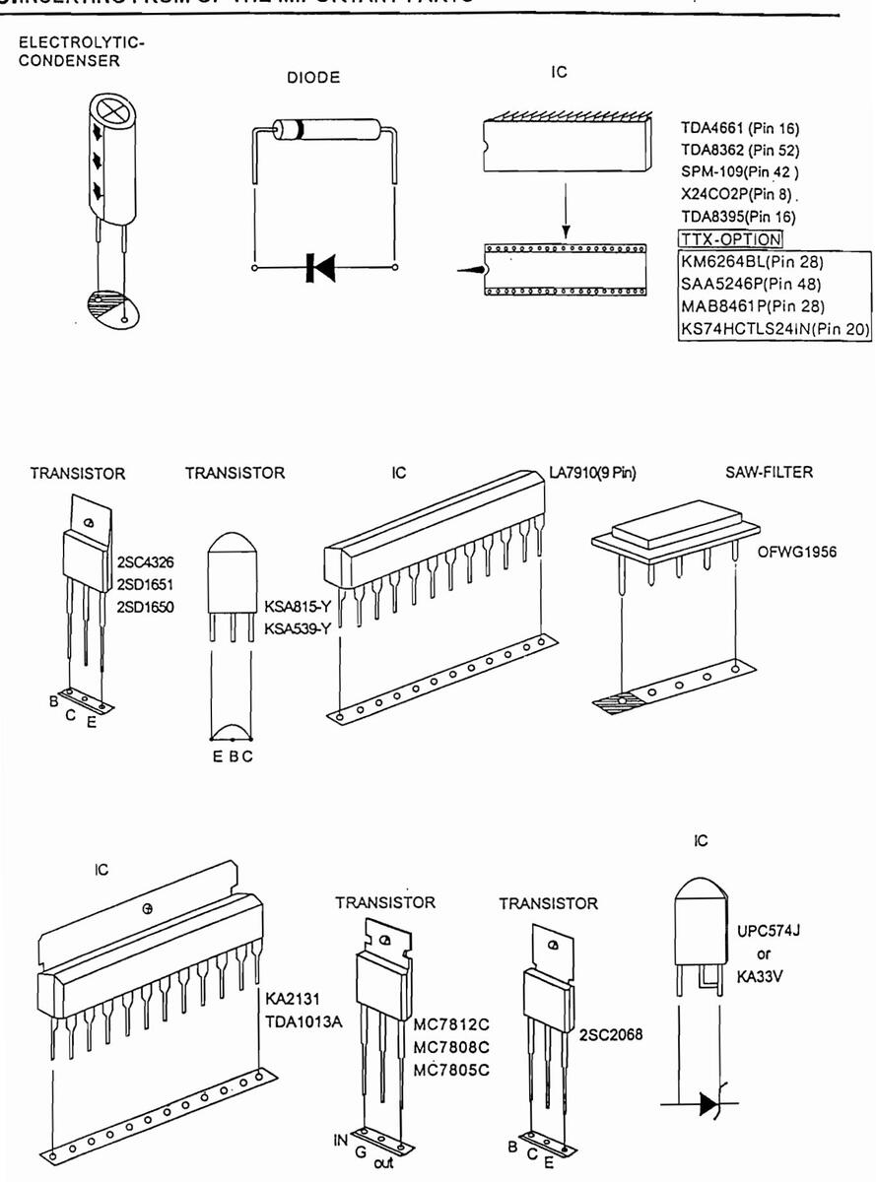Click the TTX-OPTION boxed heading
click(x=730, y=239)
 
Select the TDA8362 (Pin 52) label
click(x=739, y=151)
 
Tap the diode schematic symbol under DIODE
click(x=321, y=266)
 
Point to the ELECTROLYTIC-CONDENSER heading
click(x=82, y=53)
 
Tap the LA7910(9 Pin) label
click(x=592, y=473)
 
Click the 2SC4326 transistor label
click(x=146, y=563)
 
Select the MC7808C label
click(x=451, y=1047)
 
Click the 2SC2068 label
click(x=610, y=1035)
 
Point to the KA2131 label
click(x=289, y=999)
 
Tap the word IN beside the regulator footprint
click(x=341, y=1141)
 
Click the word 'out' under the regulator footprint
click(x=382, y=1163)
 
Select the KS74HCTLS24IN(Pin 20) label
click(x=775, y=328)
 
